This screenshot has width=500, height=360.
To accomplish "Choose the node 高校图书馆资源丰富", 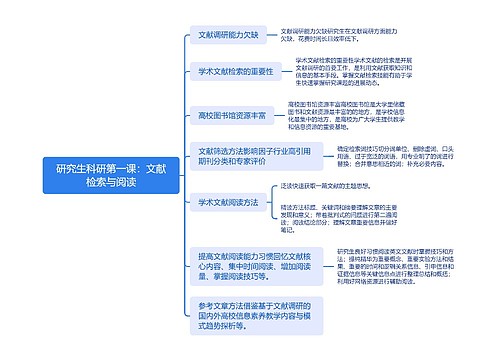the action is [232, 116].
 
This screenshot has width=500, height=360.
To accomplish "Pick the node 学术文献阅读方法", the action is [227, 202].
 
